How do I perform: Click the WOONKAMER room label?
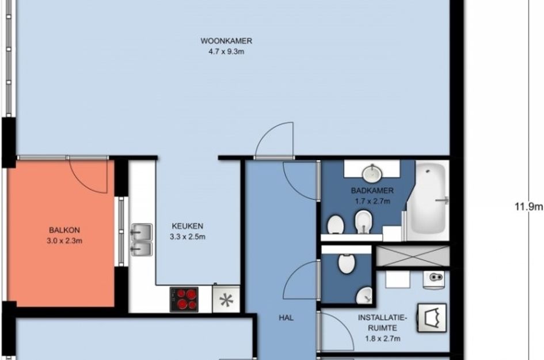coord(226,41)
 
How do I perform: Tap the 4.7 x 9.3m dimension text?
coord(226,52)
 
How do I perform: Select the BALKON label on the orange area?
coord(64,230)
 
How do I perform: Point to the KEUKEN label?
coord(187,226)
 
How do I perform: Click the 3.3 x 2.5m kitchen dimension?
coord(187,237)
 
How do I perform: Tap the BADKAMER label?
coord(372,190)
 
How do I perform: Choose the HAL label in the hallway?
coord(286,317)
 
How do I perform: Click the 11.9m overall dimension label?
coord(528,207)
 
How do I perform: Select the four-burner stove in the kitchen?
coord(184,300)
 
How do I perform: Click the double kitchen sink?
coord(141,240)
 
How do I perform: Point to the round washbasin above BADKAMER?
coord(372,172)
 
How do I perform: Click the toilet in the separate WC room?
coord(346,263)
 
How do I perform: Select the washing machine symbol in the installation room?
coord(432,318)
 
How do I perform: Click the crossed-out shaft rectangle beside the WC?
coord(413,256)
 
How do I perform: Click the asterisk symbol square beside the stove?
coord(226,300)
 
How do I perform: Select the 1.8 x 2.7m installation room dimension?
coord(383,339)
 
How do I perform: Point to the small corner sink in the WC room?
coord(364,295)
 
